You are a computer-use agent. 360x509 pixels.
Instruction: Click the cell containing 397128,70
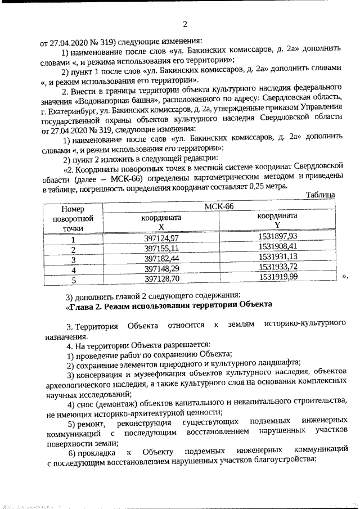161,278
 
